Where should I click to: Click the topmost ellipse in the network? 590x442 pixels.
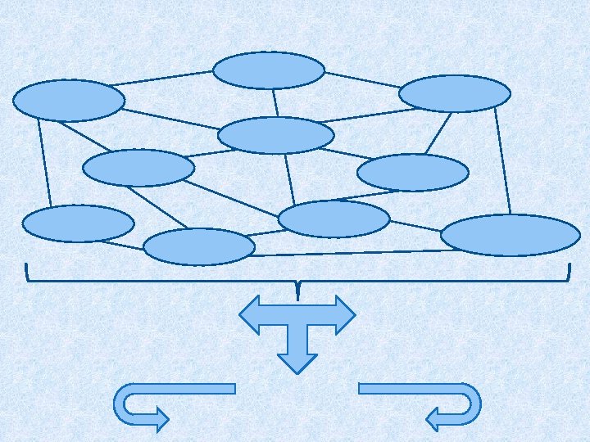pyautogui.click(x=269, y=70)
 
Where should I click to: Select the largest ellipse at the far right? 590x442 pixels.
pyautogui.click(x=510, y=235)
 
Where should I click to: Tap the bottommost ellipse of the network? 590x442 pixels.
pyautogui.click(x=199, y=246)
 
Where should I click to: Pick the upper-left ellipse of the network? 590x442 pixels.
pyautogui.click(x=69, y=101)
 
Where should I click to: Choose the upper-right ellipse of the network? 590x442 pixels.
pyautogui.click(x=455, y=93)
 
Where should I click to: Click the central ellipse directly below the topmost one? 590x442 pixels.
pyautogui.click(x=276, y=135)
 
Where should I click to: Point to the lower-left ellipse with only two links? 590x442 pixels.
pyautogui.click(x=78, y=223)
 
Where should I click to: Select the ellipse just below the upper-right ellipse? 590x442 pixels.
pyautogui.click(x=413, y=173)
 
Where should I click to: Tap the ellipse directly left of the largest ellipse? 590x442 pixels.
pyautogui.click(x=334, y=219)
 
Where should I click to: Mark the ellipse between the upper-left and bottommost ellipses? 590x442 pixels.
pyautogui.click(x=138, y=168)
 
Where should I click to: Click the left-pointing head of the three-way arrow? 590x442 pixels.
pyautogui.click(x=249, y=314)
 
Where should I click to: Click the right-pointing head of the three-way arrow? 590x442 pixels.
pyautogui.click(x=345, y=314)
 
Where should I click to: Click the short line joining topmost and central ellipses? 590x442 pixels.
pyautogui.click(x=276, y=102)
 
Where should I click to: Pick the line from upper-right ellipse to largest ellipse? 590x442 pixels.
pyautogui.click(x=502, y=162)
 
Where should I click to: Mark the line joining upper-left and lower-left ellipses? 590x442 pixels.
pyautogui.click(x=44, y=162)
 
